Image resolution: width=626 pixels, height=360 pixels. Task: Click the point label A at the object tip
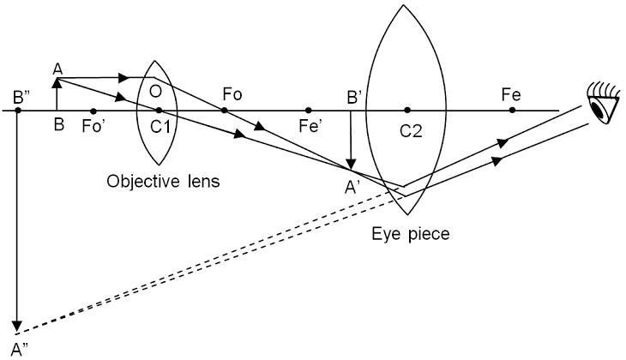click(57, 69)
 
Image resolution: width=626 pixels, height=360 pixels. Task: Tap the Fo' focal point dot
click(93, 110)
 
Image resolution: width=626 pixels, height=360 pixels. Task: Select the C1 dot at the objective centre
click(159, 110)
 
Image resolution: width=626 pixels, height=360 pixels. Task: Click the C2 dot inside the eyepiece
click(407, 110)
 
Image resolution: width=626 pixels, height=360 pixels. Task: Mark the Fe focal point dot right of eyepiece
click(512, 110)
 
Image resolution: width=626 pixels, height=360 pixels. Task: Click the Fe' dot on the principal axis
click(308, 110)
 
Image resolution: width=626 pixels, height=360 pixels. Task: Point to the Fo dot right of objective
click(225, 110)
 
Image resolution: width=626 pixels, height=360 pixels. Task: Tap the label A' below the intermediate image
click(352, 182)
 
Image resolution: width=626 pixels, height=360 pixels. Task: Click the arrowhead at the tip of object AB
click(57, 83)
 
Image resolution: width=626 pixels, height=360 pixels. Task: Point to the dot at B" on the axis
click(17, 110)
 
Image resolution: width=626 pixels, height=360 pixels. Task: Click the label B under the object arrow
click(58, 125)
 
